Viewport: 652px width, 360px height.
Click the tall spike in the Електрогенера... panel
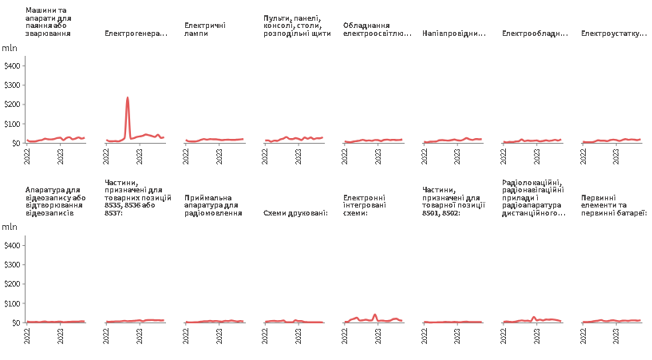(128, 98)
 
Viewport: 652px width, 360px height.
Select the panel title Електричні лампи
(204, 30)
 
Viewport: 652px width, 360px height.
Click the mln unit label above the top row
(10, 48)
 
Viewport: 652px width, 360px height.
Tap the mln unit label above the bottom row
(10, 227)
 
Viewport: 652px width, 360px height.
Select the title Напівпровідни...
(454, 34)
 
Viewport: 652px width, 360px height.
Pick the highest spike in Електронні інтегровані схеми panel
(374, 315)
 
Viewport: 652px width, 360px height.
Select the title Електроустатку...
(613, 34)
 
